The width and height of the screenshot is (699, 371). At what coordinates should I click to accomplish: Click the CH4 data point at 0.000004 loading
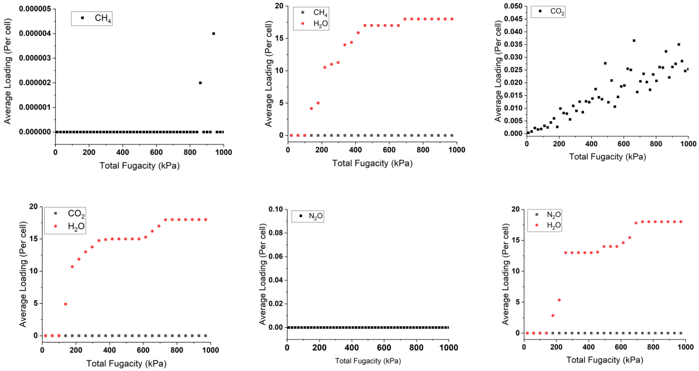point(214,34)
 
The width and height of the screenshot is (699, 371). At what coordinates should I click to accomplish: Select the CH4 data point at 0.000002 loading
point(200,83)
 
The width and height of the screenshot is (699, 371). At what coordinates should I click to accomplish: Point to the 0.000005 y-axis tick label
point(35,9)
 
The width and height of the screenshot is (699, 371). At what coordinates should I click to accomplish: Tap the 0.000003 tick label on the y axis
point(35,58)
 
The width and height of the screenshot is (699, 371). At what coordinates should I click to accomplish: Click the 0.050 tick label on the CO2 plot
point(513,6)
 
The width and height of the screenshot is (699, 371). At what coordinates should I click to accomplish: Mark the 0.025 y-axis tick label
point(513,70)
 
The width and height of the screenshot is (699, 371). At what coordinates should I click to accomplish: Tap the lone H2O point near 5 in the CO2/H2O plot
point(65,304)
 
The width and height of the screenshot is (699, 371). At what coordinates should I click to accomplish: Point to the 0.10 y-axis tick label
point(276,209)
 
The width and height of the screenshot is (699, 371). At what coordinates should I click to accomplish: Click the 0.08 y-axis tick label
point(276,233)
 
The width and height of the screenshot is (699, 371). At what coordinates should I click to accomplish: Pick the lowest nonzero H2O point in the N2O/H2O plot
point(553,315)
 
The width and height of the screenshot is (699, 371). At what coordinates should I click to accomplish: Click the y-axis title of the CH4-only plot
point(8,71)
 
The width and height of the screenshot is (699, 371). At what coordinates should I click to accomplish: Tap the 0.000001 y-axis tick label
point(35,107)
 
